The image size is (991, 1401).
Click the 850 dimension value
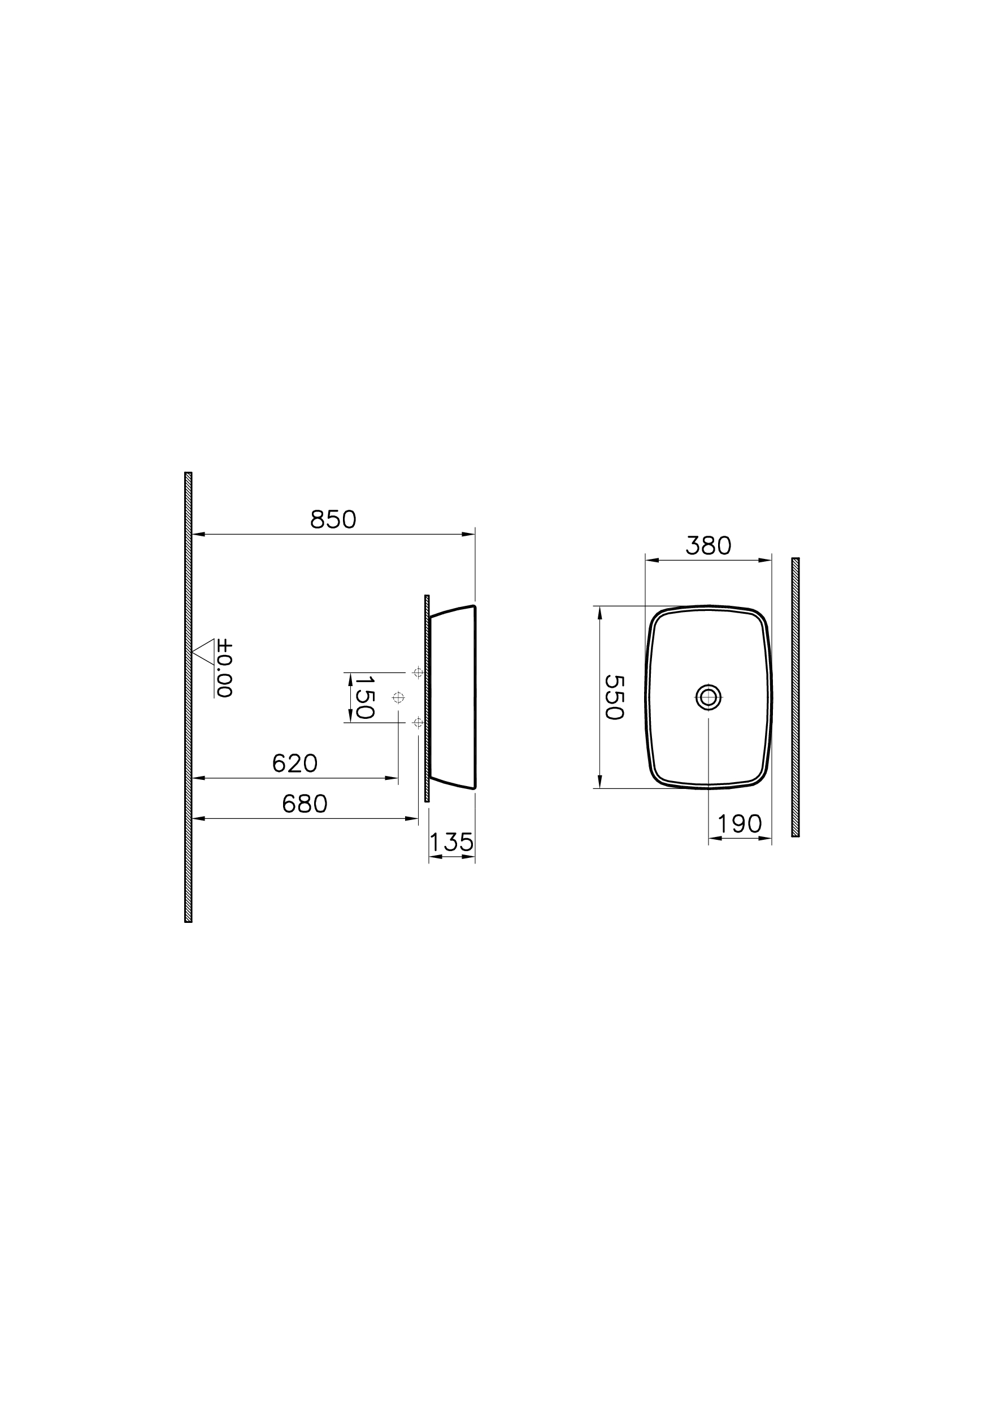(x=333, y=519)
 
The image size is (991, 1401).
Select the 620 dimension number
(x=295, y=763)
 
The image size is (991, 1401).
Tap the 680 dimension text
(x=305, y=804)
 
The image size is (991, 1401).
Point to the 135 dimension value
(x=451, y=843)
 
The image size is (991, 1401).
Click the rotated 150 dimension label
(x=364, y=697)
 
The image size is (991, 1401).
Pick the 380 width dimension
(x=708, y=546)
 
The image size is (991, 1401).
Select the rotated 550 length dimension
(x=614, y=697)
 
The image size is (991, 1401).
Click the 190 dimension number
(x=740, y=824)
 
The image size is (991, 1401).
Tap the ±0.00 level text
(x=224, y=669)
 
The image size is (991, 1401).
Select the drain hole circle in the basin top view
(x=708, y=696)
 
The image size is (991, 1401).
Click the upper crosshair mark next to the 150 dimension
(x=418, y=673)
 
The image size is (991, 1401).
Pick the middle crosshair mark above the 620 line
(x=398, y=697)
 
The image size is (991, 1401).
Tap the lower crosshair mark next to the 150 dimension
(x=418, y=723)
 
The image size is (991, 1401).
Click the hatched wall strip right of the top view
(x=795, y=697)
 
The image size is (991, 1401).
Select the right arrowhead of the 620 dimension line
(x=392, y=778)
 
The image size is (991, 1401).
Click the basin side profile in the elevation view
(x=453, y=697)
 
